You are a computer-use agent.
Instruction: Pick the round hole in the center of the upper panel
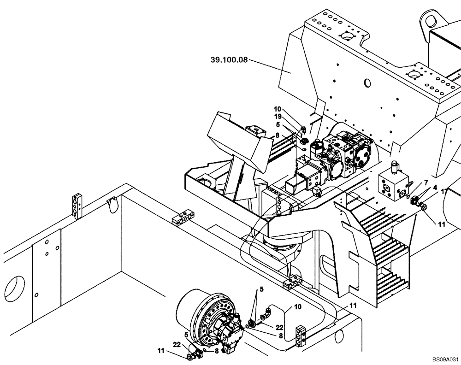point(367,82)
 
